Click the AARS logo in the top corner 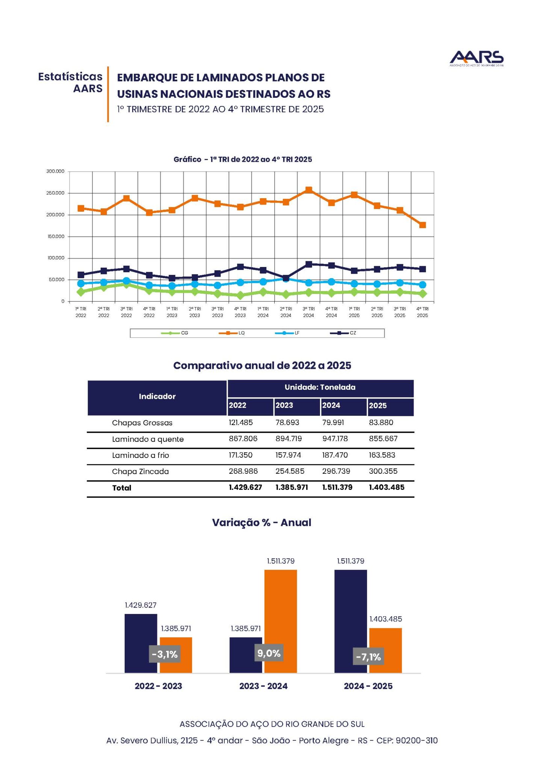point(476,58)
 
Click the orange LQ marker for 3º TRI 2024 point(308,190)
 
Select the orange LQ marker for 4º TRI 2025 point(422,225)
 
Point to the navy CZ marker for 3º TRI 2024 point(308,264)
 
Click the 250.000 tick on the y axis point(55,193)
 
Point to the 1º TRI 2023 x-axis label point(172,312)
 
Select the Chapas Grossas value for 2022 point(241,422)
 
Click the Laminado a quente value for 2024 point(335,438)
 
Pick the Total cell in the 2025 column point(387,487)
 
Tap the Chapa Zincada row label point(140,471)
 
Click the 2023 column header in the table point(284,405)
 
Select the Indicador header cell point(157,397)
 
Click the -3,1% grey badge point(165,655)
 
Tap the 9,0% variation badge point(269,653)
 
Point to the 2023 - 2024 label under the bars point(263,686)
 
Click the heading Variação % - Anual point(261,523)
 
